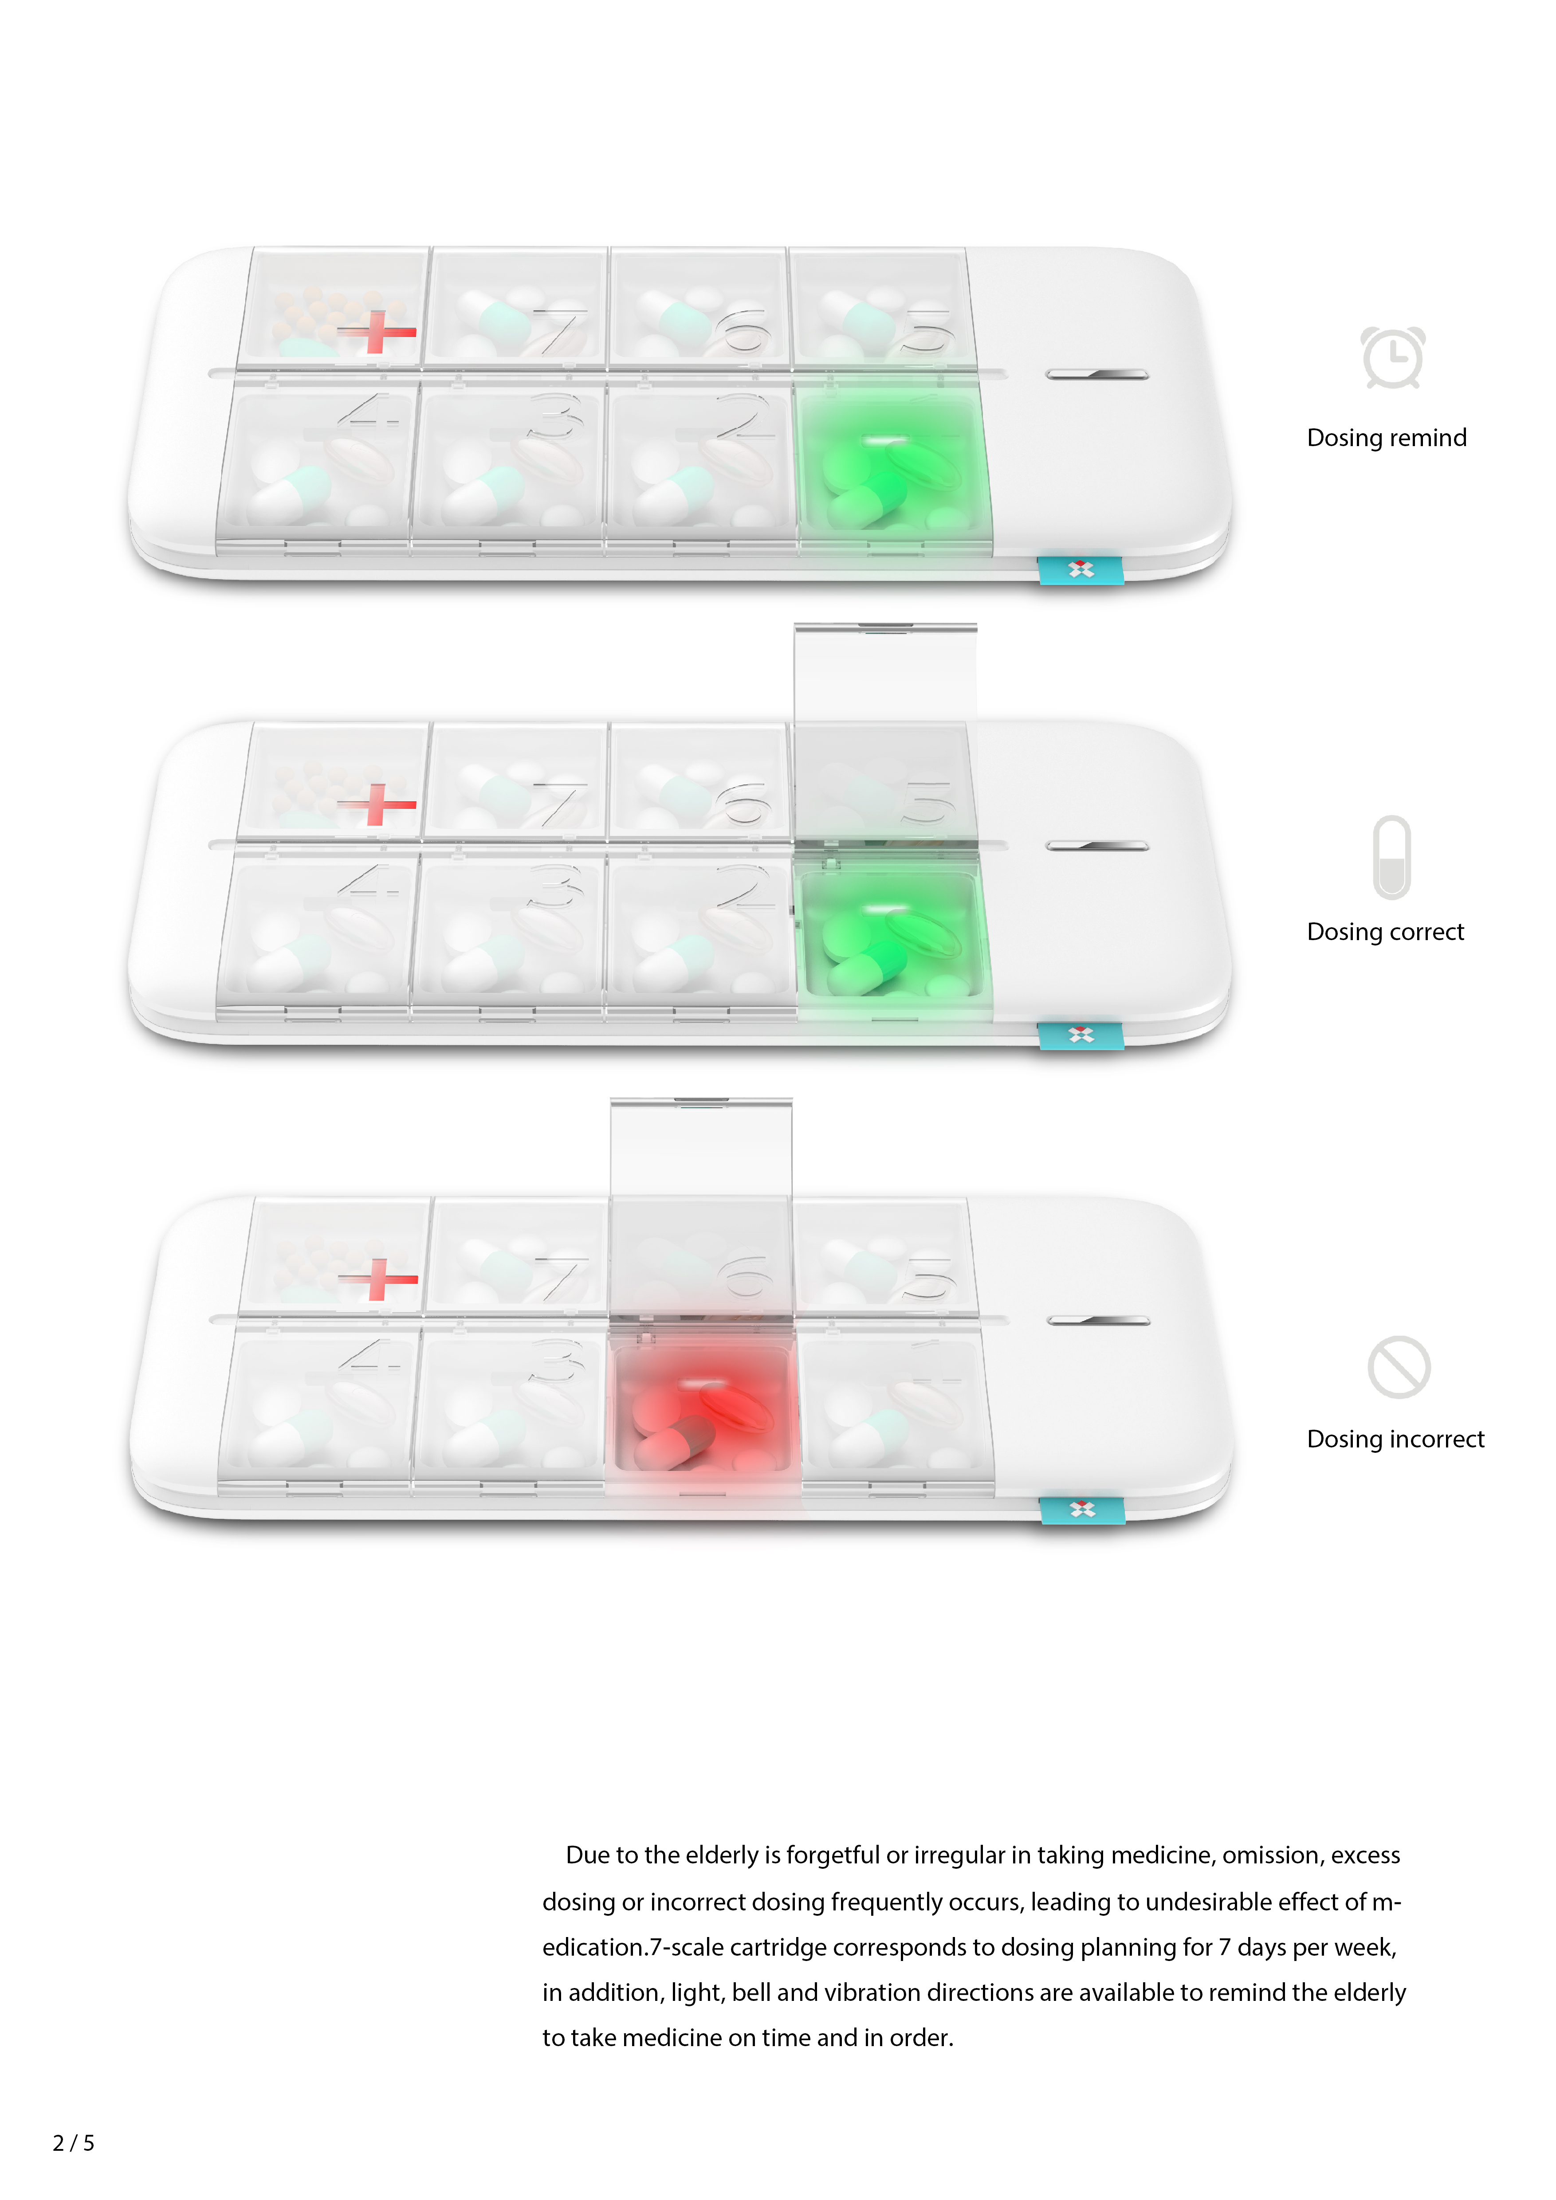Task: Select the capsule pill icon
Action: point(1391,858)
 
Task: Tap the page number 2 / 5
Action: point(74,2142)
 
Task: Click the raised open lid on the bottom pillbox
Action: point(701,1150)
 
